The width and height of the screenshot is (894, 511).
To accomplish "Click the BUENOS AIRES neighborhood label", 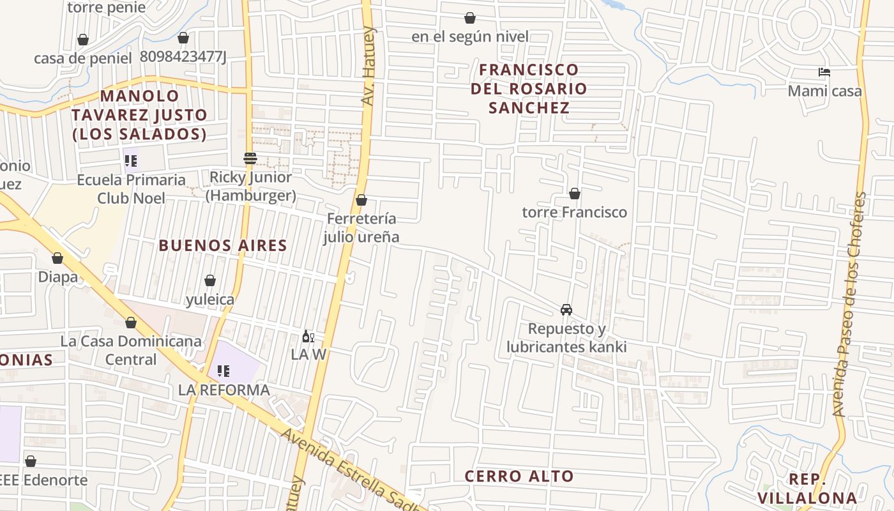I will coord(223,245).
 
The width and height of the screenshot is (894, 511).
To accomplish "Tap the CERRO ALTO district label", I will coord(519,476).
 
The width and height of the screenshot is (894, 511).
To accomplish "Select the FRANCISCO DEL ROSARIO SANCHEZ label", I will coord(529,88).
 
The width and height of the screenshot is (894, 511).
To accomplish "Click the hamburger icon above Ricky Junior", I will coord(250,158).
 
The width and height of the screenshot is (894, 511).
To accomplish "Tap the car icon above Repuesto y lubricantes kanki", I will coord(566,310).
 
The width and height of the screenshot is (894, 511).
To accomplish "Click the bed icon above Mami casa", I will coord(824,72).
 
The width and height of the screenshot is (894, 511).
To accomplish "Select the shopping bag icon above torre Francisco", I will coord(574,193).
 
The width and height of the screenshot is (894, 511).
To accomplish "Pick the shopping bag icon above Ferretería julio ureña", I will coord(361,200).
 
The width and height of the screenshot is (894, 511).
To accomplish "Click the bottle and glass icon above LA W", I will coord(308,336).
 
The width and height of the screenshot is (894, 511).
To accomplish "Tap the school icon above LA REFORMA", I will coord(223,370).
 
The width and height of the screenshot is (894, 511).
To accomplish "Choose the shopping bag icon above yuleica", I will coord(209,280).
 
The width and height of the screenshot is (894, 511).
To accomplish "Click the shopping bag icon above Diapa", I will coord(57,258).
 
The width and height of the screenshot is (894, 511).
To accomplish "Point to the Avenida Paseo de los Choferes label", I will coord(849,305).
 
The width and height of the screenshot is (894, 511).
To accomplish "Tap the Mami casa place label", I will coord(824,91).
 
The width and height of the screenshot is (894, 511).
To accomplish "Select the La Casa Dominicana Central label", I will coord(131,350).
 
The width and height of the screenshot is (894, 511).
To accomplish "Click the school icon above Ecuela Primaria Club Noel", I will coord(131,160).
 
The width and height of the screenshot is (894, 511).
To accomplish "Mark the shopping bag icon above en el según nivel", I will coord(469,18).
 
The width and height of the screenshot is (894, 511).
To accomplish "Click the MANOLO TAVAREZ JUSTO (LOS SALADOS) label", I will coord(139,115).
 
